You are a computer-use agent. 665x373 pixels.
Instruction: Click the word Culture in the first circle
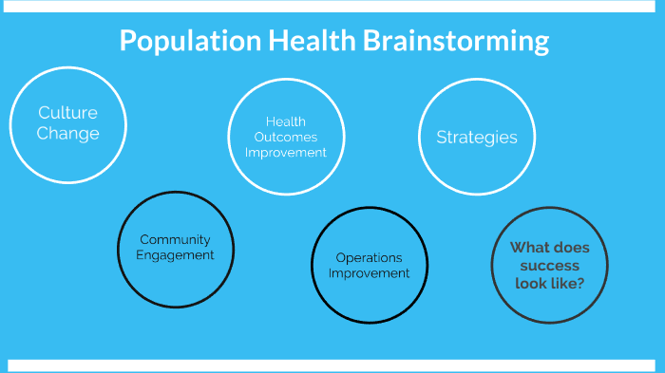[67, 114]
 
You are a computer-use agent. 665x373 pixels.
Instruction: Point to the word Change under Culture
[67, 134]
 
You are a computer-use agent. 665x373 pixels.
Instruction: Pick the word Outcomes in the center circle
[286, 137]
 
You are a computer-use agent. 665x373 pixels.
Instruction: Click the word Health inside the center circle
[286, 121]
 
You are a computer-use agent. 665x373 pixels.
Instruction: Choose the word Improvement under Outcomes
[286, 152]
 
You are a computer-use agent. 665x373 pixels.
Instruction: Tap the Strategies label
[477, 138]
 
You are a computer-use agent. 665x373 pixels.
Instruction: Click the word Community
[175, 239]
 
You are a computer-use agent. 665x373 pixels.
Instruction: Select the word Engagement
[175, 255]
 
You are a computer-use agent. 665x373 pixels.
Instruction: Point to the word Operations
[370, 257]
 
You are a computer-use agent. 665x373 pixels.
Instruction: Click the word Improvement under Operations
[370, 273]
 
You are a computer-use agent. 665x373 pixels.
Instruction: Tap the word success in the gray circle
[550, 266]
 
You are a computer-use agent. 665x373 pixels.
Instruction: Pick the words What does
[550, 248]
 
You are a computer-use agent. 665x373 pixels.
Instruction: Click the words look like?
[550, 284]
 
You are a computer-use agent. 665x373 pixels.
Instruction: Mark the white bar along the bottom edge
[332, 365]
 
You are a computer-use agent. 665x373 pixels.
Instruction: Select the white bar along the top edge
[332, 6]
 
